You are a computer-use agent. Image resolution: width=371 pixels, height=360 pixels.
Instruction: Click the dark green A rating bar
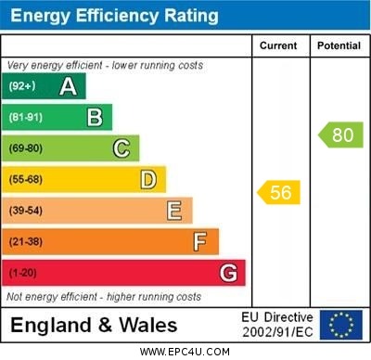(x=45, y=86)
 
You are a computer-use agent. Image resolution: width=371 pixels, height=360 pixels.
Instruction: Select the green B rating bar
(x=58, y=117)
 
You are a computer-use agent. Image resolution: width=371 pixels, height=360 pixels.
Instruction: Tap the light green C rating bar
(x=70, y=148)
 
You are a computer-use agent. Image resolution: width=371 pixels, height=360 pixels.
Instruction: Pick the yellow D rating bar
(x=83, y=179)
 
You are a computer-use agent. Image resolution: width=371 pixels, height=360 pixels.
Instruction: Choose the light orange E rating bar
(x=97, y=211)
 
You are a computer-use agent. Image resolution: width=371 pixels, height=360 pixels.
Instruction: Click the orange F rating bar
(x=110, y=242)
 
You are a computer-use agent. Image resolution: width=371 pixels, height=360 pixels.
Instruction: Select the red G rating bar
(x=123, y=273)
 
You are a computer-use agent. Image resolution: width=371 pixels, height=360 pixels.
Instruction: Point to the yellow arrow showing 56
(x=279, y=192)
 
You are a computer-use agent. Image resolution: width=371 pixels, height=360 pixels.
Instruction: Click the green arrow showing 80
(x=341, y=135)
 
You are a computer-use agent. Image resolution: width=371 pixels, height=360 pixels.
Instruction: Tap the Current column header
(x=278, y=45)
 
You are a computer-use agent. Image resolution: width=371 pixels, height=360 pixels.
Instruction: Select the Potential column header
(x=339, y=45)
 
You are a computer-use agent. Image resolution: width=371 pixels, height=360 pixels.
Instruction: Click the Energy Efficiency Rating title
(x=114, y=16)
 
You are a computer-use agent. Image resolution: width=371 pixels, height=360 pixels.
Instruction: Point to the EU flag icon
(x=340, y=325)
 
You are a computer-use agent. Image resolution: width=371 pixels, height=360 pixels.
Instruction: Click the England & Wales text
(x=94, y=325)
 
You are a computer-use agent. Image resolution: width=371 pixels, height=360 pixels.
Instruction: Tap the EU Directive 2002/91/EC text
(x=277, y=325)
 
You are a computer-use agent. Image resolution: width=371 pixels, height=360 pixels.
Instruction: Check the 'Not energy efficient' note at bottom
(x=103, y=296)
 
